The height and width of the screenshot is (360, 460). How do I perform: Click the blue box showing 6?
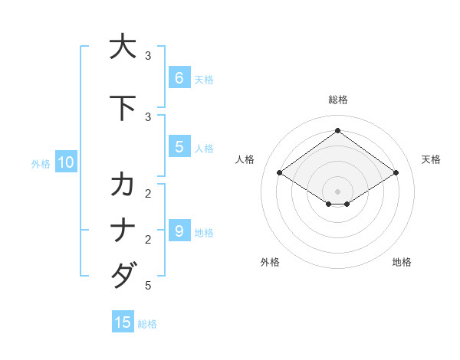click(x=179, y=77)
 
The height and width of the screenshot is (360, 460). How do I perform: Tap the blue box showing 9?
click(x=179, y=231)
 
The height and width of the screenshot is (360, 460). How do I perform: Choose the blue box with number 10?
click(x=65, y=162)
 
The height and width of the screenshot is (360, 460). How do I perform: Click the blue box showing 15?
click(x=123, y=322)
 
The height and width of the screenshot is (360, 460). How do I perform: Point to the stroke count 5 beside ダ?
click(x=148, y=286)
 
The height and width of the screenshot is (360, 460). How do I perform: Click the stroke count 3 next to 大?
click(x=148, y=56)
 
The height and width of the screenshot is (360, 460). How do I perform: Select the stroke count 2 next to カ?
click(x=148, y=192)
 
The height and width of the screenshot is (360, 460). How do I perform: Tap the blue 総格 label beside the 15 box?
click(x=147, y=324)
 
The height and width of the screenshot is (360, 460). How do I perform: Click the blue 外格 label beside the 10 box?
click(x=41, y=163)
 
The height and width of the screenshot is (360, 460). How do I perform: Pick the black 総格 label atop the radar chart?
click(x=337, y=100)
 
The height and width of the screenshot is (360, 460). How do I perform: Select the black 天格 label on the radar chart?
click(x=431, y=159)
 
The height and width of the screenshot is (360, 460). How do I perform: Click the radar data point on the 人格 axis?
click(x=280, y=173)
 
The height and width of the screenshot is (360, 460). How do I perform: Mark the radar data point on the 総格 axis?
click(x=337, y=130)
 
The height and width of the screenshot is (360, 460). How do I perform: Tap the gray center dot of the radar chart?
click(x=337, y=191)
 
